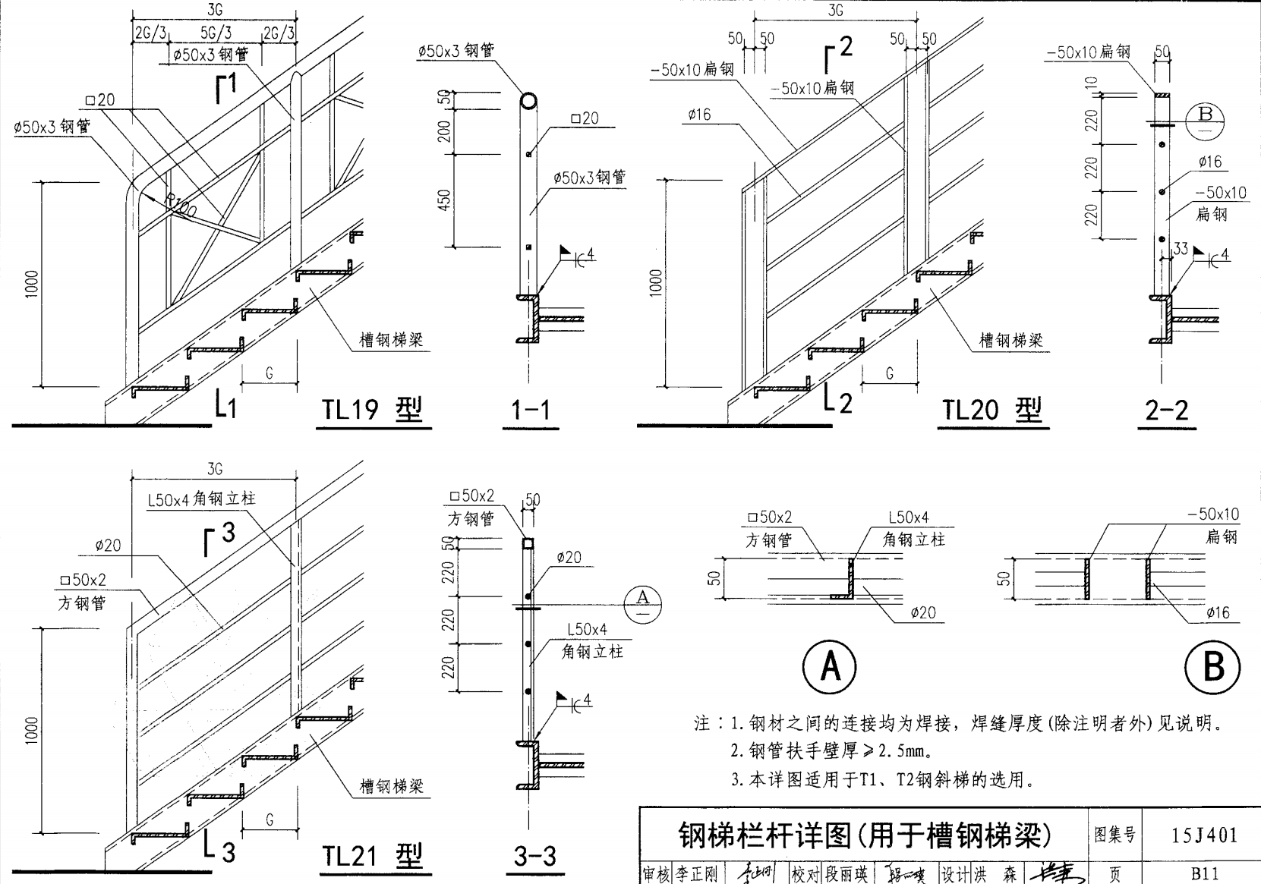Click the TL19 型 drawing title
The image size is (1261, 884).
[x=372, y=410]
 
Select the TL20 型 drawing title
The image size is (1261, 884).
[x=992, y=410]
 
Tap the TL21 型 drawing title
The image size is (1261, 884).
[x=372, y=857]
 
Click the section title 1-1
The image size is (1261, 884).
[x=530, y=411]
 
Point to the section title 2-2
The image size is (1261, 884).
[x=1166, y=411]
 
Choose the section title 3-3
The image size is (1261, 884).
[x=535, y=857]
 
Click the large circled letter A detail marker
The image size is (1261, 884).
[x=830, y=667]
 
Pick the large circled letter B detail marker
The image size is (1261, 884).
[x=1213, y=667]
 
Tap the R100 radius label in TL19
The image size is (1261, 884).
[x=181, y=206]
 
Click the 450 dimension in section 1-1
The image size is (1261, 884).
[x=445, y=200]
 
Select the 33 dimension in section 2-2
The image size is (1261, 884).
[x=1181, y=249]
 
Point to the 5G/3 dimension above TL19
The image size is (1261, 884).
[x=216, y=33]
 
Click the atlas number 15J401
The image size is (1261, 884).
[x=1204, y=835]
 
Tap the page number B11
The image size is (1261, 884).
[x=1204, y=874]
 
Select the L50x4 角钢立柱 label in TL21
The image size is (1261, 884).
[x=201, y=499]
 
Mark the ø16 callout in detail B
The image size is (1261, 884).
[x=1218, y=613]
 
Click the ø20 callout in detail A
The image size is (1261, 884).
[x=923, y=613]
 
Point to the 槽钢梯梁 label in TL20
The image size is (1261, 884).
[x=1010, y=340]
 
